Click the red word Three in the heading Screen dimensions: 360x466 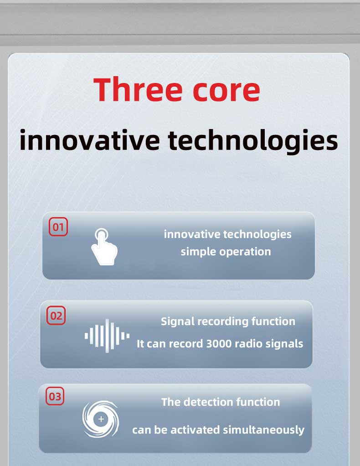tap(138, 89)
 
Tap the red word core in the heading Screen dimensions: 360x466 tap(226, 92)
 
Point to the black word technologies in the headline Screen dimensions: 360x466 tap(253, 142)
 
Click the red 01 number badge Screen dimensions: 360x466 tap(58, 227)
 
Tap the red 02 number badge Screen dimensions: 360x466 tap(56, 316)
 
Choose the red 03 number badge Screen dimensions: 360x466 tap(55, 396)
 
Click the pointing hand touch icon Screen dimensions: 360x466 tap(103, 246)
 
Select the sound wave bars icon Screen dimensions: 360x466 tap(107, 336)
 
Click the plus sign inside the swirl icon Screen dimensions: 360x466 tap(101, 419)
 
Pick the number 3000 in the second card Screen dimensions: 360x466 tap(219, 344)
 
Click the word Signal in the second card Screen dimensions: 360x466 tap(178, 321)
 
